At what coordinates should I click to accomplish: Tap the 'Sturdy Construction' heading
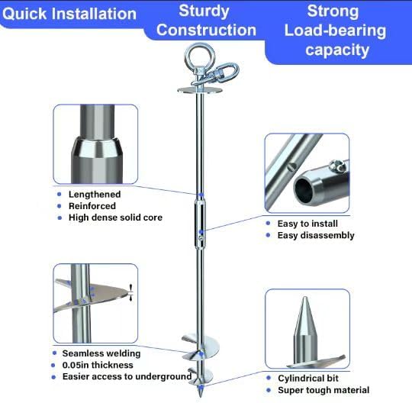pos(206,21)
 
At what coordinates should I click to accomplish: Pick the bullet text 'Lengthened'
pos(94,195)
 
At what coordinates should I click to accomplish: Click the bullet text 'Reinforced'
pos(92,206)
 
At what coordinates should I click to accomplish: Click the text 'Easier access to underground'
pos(125,376)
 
